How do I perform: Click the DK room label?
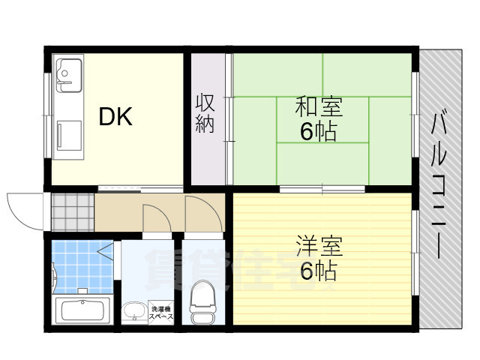click(115, 117)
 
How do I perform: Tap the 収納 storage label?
click(205, 114)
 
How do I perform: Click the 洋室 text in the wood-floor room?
click(319, 247)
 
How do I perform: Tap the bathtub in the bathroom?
click(83, 310)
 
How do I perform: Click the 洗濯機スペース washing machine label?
click(162, 313)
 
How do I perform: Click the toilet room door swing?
click(203, 213)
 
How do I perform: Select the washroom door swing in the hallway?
click(157, 217)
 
